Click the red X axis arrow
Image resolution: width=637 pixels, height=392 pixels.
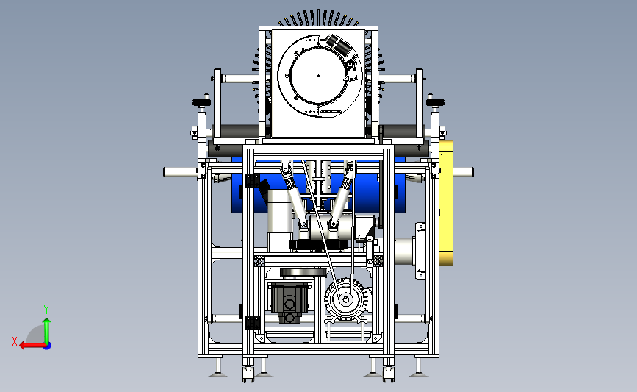pos(32,346)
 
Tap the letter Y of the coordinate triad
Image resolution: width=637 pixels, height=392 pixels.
pos(46,310)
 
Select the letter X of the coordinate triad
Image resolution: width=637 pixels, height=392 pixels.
pos(15,341)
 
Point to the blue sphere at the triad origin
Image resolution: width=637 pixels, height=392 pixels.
pos(48,346)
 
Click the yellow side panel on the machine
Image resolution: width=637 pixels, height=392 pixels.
pos(446,203)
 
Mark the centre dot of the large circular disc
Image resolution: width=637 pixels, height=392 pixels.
pos(319,76)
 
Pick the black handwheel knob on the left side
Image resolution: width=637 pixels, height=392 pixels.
pos(202,102)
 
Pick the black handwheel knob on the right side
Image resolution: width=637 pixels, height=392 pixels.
pos(435,102)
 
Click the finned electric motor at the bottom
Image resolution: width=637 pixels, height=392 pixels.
pos(348,299)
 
